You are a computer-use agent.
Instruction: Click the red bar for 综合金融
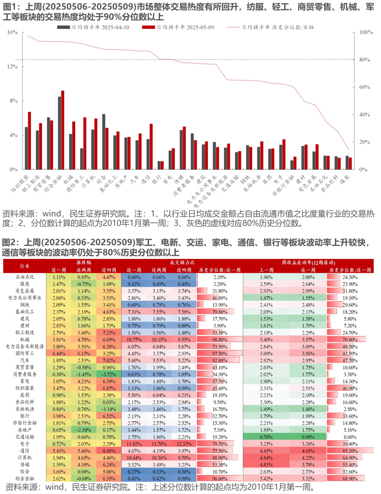[63, 130]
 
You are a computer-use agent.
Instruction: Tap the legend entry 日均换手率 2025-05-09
[178, 27]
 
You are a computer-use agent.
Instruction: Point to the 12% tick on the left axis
[12, 67]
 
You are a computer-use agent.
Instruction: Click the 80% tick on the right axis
[364, 60]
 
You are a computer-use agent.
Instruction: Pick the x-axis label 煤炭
[345, 180]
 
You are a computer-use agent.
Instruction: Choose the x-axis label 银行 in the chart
[156, 180]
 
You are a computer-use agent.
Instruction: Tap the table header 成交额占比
[182, 263]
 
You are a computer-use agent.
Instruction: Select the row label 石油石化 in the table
[25, 277]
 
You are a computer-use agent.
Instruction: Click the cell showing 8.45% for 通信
[109, 451]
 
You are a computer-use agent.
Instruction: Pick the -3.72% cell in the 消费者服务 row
[109, 374]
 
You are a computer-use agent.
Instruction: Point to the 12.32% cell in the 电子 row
[184, 444]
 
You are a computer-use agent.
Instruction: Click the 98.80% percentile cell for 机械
[220, 339]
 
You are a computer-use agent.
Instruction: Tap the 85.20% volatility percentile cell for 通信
[350, 451]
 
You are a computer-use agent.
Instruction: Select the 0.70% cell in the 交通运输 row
[266, 437]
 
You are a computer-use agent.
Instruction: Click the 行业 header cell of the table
[25, 266]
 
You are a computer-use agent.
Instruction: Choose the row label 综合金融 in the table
[25, 478]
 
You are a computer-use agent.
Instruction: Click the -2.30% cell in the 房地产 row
[84, 430]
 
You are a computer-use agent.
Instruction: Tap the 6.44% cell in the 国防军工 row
[59, 353]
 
